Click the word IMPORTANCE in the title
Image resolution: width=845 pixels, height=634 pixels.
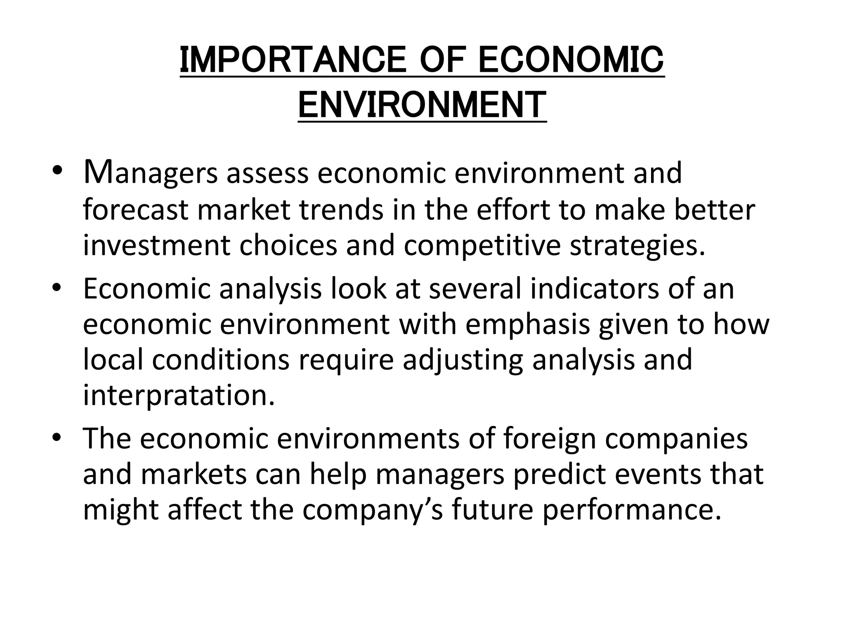tap(293, 60)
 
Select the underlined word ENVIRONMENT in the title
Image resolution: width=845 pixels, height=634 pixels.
tap(422, 105)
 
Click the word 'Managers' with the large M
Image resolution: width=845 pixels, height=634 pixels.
tap(150, 173)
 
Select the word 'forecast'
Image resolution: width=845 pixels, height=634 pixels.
tap(135, 210)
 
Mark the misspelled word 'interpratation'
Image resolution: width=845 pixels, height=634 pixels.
tap(179, 395)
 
